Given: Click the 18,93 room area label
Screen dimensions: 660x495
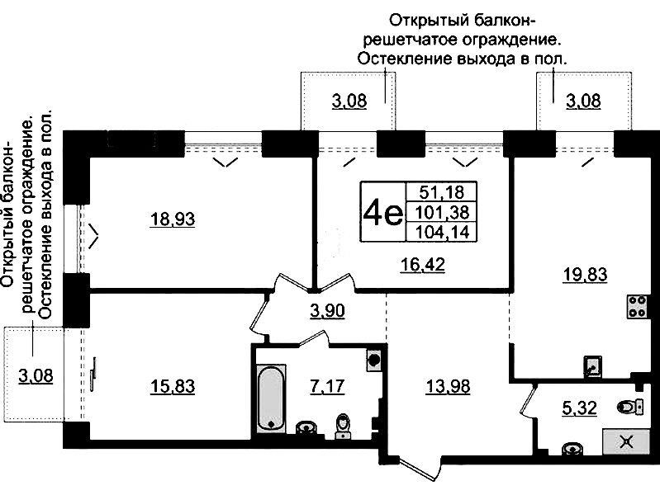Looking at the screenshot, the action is coord(173,219).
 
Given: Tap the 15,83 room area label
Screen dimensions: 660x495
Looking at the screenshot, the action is coord(173,386).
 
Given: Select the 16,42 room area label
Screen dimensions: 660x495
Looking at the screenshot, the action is coord(422,265).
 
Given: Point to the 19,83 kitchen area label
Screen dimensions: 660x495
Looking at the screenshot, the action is coord(585,275).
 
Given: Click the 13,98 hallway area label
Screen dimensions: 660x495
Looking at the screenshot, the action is coord(448,386).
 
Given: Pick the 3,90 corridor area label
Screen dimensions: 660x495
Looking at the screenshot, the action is coord(327,311).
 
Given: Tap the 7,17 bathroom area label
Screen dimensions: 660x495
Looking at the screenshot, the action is coord(327,386).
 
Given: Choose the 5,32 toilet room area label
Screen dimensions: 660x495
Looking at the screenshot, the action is coord(580,408).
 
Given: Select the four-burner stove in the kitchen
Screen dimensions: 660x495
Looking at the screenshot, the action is coord(636,307).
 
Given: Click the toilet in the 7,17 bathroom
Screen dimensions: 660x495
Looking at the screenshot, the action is coord(344,426).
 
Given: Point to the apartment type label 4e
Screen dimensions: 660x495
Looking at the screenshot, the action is coord(382,212).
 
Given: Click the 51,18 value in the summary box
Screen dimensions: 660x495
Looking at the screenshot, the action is coord(442,192).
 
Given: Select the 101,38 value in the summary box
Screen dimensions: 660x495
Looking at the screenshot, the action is coord(442,212).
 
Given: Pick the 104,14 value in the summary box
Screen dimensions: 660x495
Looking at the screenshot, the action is coord(442,232).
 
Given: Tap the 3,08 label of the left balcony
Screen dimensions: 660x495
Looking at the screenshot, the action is coord(36,375).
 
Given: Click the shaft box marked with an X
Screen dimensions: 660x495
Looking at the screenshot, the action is coord(626,442).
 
